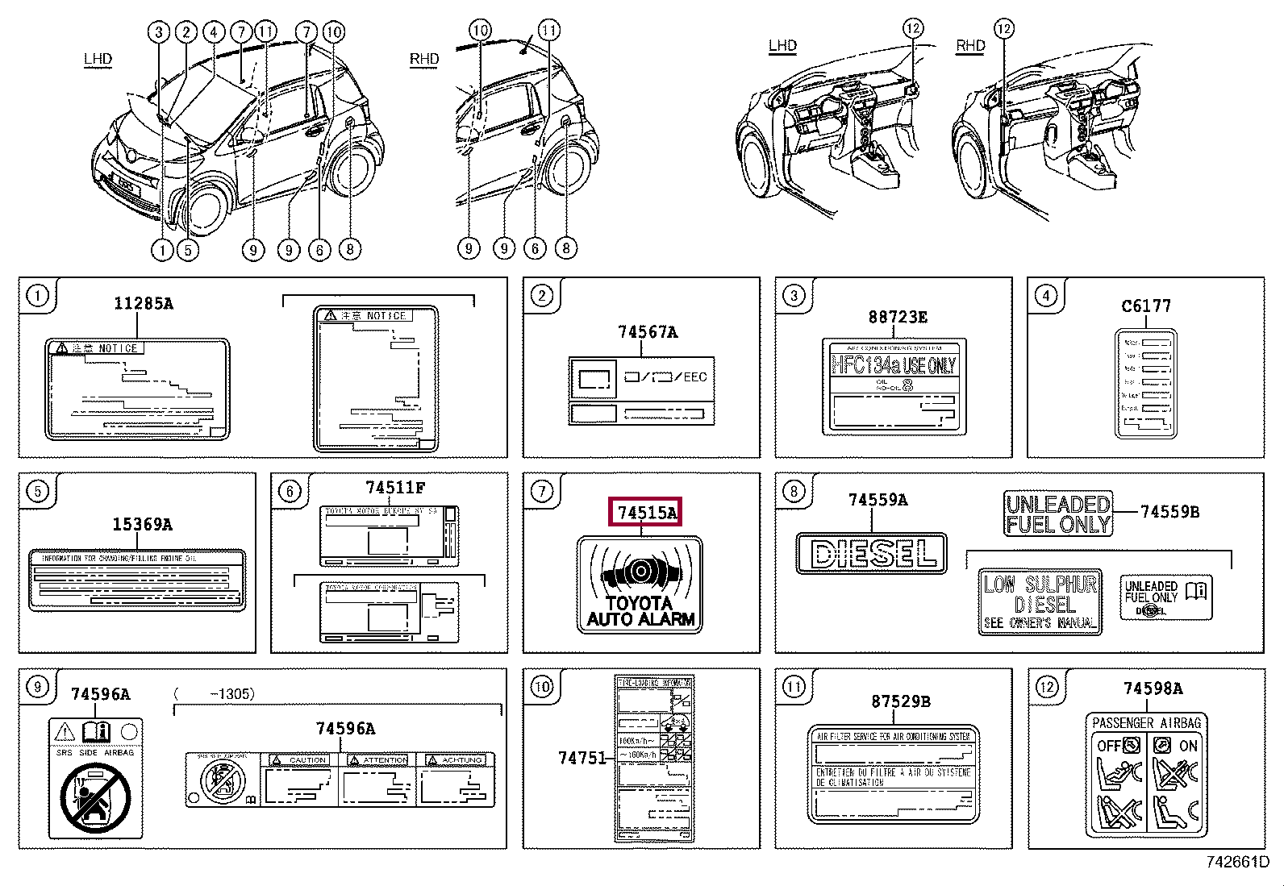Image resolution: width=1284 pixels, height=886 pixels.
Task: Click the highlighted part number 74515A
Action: click(x=647, y=513)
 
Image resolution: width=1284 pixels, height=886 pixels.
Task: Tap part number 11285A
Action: click(x=143, y=303)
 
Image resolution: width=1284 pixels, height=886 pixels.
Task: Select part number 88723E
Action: click(x=897, y=318)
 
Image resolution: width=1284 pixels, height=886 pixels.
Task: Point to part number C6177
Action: click(x=1145, y=306)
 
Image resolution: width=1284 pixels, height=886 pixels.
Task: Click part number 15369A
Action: click(x=142, y=525)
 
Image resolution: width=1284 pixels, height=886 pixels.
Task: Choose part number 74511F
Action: click(x=394, y=488)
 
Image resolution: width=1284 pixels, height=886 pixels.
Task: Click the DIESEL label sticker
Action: click(x=870, y=552)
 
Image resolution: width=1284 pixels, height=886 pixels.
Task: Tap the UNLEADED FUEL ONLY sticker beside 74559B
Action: click(x=1058, y=514)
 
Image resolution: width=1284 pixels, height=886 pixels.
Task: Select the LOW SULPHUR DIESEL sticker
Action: click(x=1040, y=601)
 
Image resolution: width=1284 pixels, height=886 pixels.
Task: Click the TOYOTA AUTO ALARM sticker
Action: click(x=640, y=584)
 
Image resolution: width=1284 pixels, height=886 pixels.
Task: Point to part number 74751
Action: click(x=580, y=758)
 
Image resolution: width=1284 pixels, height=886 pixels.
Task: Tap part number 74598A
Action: click(x=1153, y=688)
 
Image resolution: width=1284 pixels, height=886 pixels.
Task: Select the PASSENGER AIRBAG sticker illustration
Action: click(x=1146, y=775)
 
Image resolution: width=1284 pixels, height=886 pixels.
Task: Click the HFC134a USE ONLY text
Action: click(x=893, y=365)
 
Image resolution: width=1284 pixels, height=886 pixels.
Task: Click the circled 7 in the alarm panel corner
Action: click(x=542, y=490)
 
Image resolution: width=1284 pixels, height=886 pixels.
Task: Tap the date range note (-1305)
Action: click(x=214, y=693)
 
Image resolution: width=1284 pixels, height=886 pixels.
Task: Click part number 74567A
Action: click(x=648, y=332)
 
